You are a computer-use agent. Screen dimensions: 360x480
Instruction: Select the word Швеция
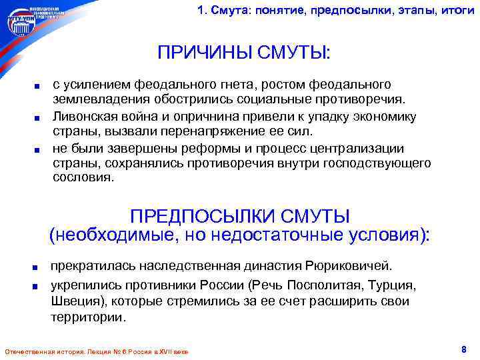click(x=77, y=301)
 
